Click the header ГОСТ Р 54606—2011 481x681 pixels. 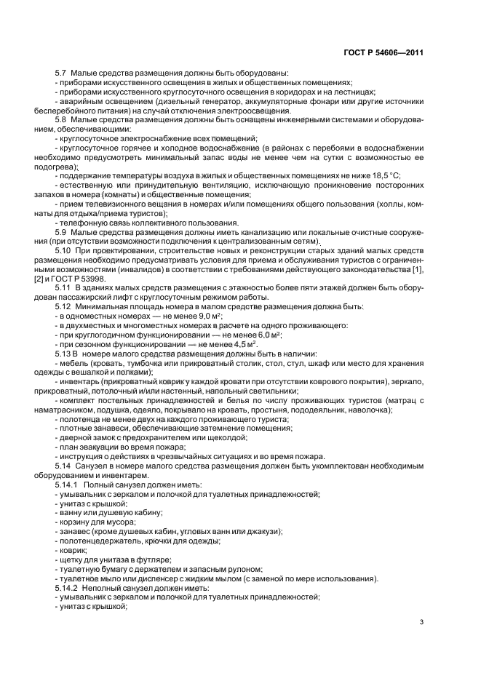[383, 53]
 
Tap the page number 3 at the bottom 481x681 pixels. [421, 623]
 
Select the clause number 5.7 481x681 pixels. [62, 73]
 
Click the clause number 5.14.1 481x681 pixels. [68, 484]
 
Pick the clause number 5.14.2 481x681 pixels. [68, 587]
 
